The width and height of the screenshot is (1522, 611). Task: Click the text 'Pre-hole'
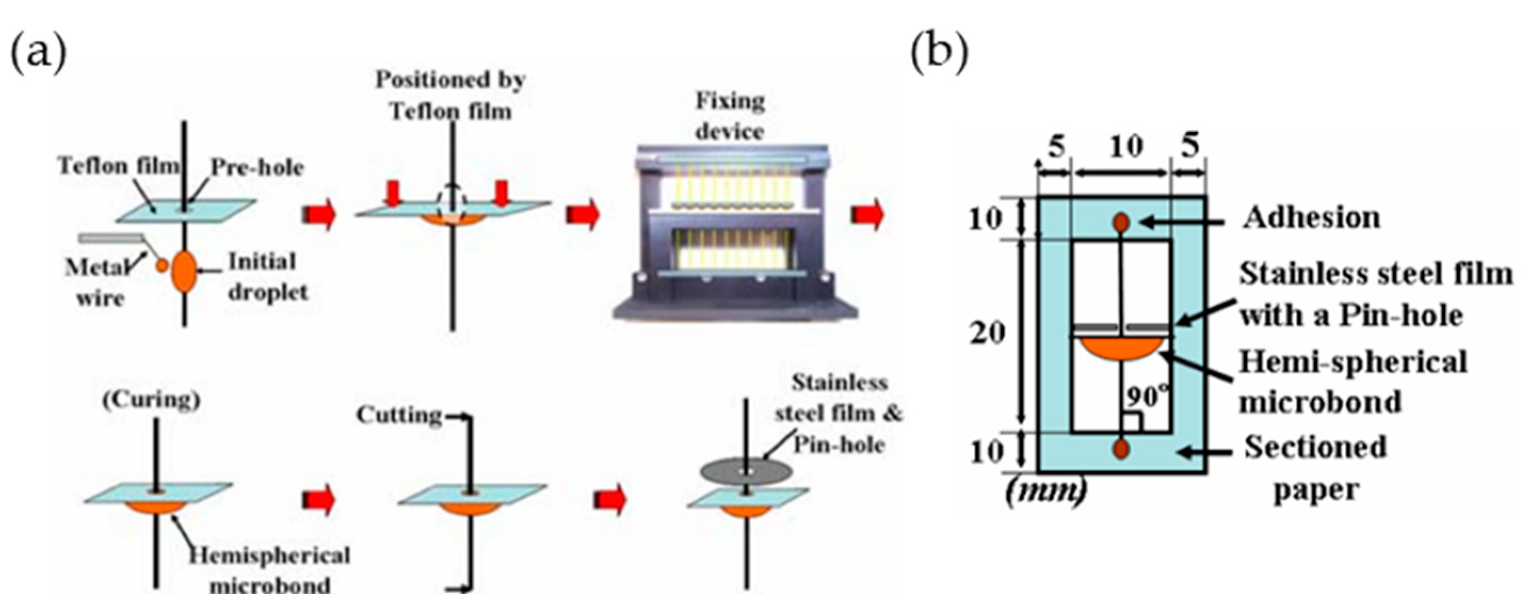point(257,168)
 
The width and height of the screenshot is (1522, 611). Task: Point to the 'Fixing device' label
point(730,116)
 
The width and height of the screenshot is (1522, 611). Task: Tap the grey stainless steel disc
point(747,472)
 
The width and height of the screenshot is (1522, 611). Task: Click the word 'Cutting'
point(399,416)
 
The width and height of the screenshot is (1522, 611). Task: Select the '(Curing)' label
point(151,400)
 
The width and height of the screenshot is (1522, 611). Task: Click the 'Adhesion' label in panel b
point(1311,218)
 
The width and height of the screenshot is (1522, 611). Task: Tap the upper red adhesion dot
point(1121,223)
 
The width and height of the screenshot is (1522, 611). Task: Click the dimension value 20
point(987,334)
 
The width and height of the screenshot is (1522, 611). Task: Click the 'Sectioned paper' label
point(1315,469)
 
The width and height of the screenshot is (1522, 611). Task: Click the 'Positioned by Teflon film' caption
point(450,96)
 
